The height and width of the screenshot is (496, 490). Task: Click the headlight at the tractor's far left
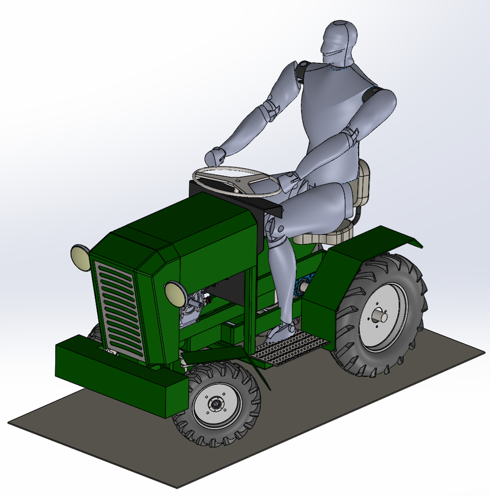pos(80,257)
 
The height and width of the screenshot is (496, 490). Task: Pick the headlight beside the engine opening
pos(174,291)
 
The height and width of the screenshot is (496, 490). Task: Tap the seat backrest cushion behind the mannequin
pos(362,183)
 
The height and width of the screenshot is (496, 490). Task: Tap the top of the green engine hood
pos(186,223)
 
